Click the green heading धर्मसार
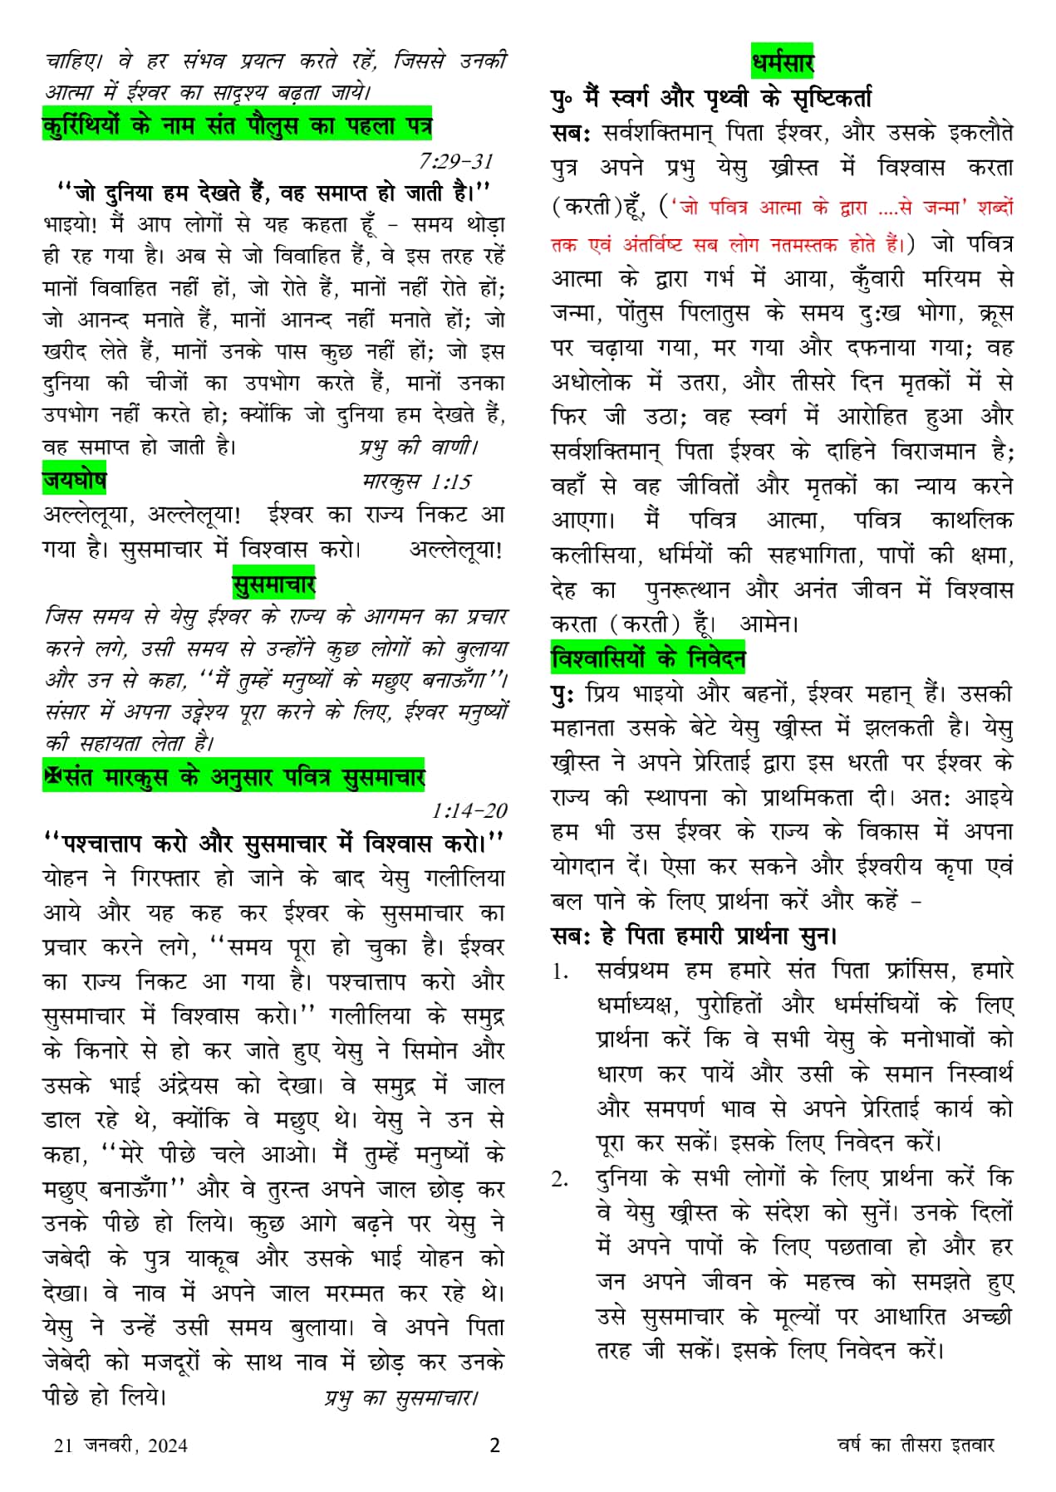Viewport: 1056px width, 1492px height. (x=782, y=62)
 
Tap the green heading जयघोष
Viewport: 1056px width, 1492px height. (x=74, y=481)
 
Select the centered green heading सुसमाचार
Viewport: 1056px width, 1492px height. (x=273, y=585)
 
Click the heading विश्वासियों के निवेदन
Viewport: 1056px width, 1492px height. (x=648, y=658)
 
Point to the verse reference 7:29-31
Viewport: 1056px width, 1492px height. (x=456, y=161)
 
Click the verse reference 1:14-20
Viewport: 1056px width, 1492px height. (x=469, y=810)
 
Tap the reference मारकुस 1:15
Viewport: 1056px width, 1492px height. (x=416, y=482)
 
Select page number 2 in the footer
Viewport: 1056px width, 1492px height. (x=495, y=1446)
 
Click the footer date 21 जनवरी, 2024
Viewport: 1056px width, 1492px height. (x=120, y=1446)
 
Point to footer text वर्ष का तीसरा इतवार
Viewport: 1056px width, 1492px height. (x=916, y=1446)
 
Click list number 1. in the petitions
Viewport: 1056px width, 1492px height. (x=561, y=971)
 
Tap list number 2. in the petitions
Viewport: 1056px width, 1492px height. (x=561, y=1179)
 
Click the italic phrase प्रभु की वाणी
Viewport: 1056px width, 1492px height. (x=418, y=448)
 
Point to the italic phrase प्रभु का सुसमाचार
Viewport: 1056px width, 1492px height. (x=401, y=1398)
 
